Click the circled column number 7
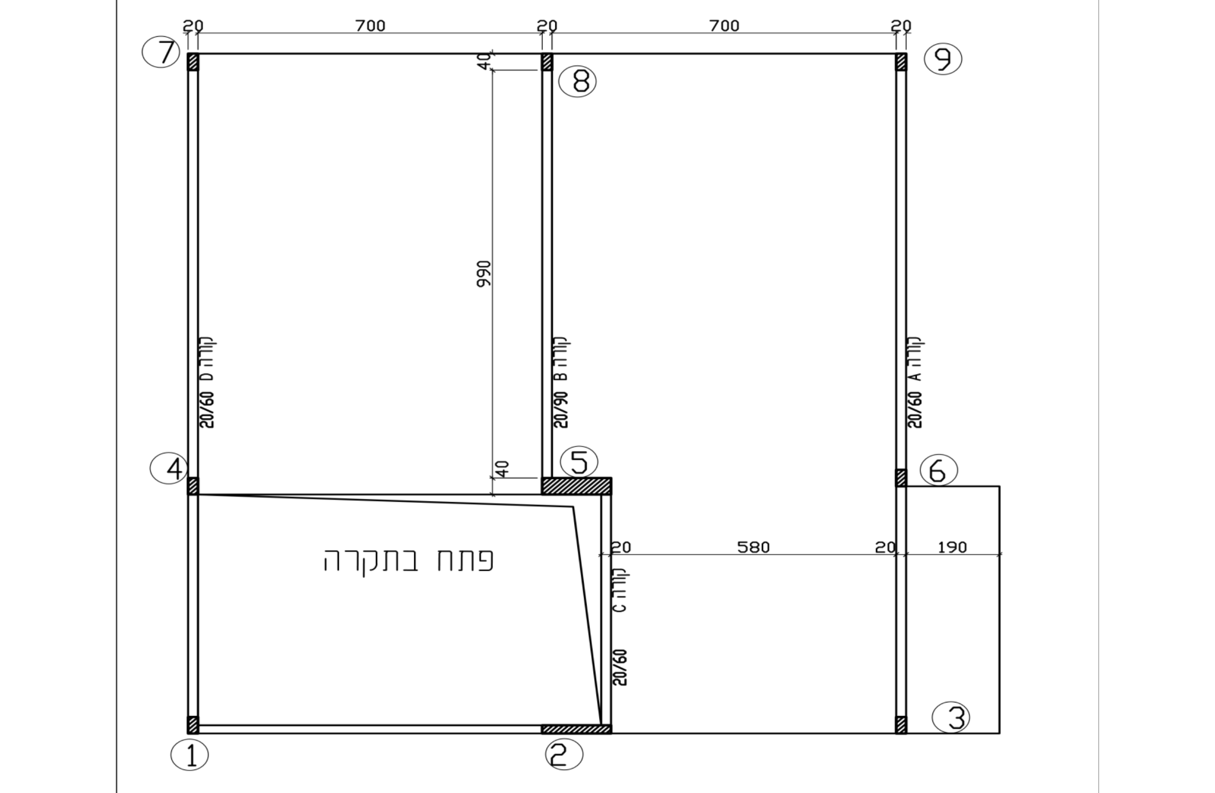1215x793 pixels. pyautogui.click(x=161, y=52)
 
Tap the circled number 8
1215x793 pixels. pyautogui.click(x=577, y=81)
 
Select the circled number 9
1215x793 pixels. pyautogui.click(x=943, y=59)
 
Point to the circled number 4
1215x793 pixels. pyautogui.click(x=169, y=468)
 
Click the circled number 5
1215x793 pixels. pyautogui.click(x=579, y=462)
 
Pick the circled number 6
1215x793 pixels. pyautogui.click(x=939, y=470)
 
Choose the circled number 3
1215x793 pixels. pyautogui.click(x=951, y=718)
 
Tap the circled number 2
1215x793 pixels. pyautogui.click(x=564, y=754)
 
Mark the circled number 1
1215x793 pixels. pyautogui.click(x=190, y=755)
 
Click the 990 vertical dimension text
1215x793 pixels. pyautogui.click(x=483, y=274)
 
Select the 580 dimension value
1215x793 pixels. pyautogui.click(x=754, y=548)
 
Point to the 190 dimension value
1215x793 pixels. pyautogui.click(x=953, y=548)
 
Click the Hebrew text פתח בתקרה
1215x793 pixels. pyautogui.click(x=408, y=561)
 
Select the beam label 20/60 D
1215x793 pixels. pyautogui.click(x=207, y=382)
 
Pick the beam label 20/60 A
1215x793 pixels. pyautogui.click(x=915, y=382)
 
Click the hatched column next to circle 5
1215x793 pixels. pyautogui.click(x=576, y=486)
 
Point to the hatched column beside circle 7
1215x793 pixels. pyautogui.click(x=193, y=62)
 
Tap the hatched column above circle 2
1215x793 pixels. pyautogui.click(x=576, y=729)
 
